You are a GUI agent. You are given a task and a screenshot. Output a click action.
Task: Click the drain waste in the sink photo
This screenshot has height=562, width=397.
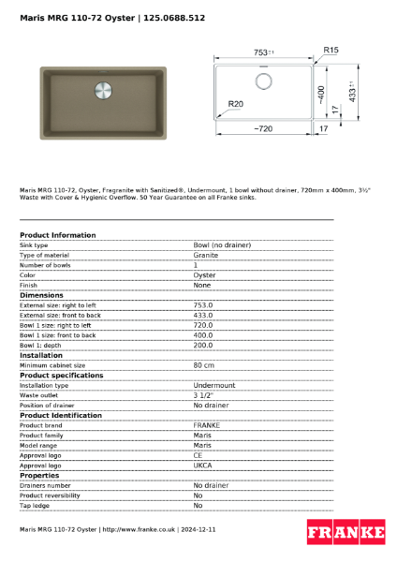tap(103, 92)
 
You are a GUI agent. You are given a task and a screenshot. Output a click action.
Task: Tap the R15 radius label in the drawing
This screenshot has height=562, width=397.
tap(330, 50)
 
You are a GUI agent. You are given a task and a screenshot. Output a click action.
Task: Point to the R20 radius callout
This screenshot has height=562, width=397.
tap(235, 104)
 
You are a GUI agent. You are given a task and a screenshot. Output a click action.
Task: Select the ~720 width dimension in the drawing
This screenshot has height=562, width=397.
tap(262, 128)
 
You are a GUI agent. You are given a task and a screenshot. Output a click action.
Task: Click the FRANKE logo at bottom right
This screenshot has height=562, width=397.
tap(346, 533)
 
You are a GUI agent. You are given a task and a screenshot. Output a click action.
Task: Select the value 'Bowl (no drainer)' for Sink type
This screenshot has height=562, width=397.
tap(222, 244)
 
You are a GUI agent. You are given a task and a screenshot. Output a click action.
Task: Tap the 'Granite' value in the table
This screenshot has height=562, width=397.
tap(206, 255)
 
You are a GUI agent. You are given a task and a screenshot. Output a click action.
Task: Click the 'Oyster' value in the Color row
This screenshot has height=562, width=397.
tap(204, 275)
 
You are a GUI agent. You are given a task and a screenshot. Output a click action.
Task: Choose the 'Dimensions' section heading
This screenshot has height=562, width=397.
tap(48, 295)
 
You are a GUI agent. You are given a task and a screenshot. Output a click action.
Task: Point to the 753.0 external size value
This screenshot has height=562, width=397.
tap(203, 305)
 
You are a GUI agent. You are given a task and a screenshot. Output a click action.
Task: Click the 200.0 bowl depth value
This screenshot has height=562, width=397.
tap(203, 346)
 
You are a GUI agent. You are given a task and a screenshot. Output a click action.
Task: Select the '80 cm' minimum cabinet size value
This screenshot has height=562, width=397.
tap(204, 365)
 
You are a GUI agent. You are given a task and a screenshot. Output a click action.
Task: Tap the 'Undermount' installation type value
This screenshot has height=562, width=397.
tap(214, 385)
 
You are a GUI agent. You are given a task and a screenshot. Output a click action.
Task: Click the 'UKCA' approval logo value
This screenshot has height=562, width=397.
tap(203, 466)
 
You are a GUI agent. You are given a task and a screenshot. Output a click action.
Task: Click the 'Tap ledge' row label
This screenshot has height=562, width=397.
tap(35, 506)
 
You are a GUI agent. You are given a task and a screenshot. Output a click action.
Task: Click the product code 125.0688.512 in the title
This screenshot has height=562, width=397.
tap(173, 18)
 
